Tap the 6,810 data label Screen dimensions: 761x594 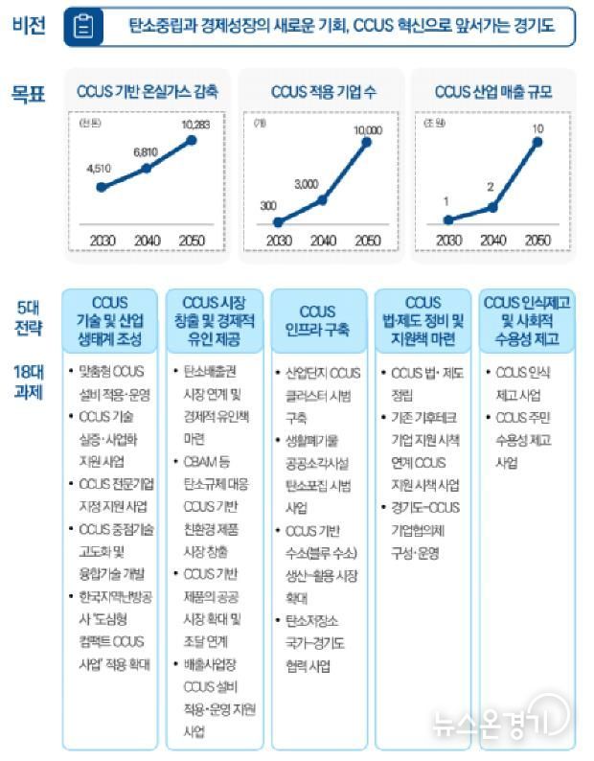146,151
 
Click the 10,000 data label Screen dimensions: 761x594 367,128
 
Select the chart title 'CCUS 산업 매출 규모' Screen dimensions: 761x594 492,92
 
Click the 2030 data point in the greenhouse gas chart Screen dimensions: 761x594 101,186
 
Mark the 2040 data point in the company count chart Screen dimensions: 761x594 323,199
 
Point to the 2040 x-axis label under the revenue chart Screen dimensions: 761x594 492,240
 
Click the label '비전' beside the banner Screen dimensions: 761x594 29,26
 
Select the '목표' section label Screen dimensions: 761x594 29,93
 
